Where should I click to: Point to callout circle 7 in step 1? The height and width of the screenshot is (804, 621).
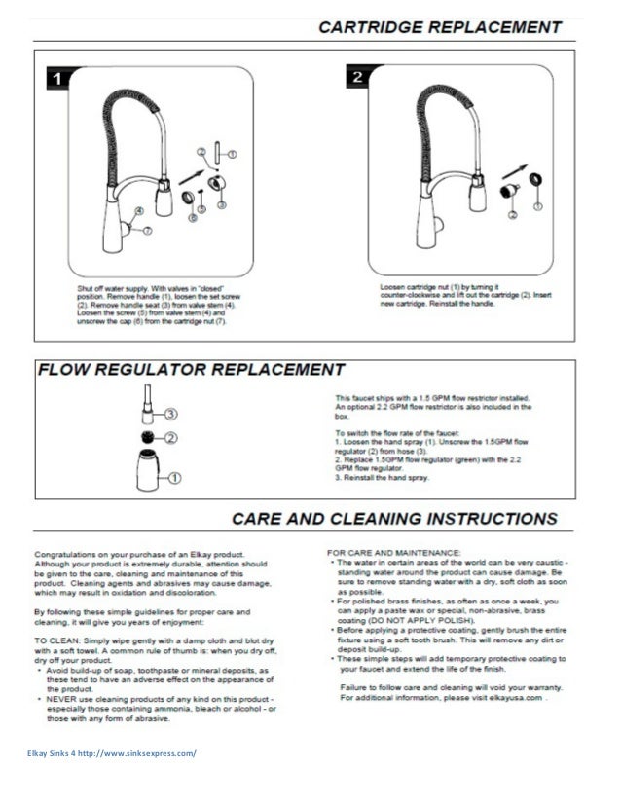[x=147, y=230]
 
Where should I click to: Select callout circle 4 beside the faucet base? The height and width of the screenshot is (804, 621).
[x=138, y=208]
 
